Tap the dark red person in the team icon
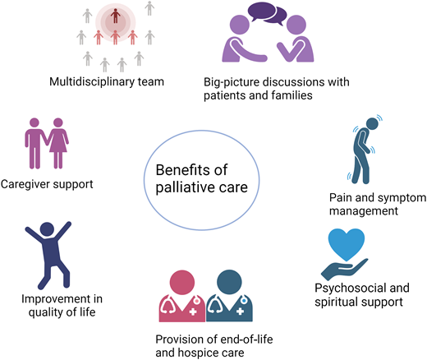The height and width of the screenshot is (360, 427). [116, 16]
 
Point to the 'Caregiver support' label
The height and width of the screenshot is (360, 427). [47, 183]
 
